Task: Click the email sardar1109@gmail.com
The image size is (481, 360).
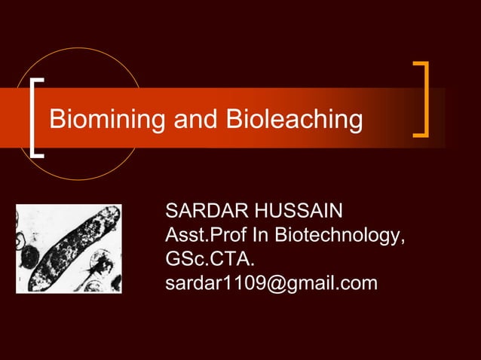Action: tap(271, 285)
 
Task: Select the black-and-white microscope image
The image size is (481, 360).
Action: tap(69, 249)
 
